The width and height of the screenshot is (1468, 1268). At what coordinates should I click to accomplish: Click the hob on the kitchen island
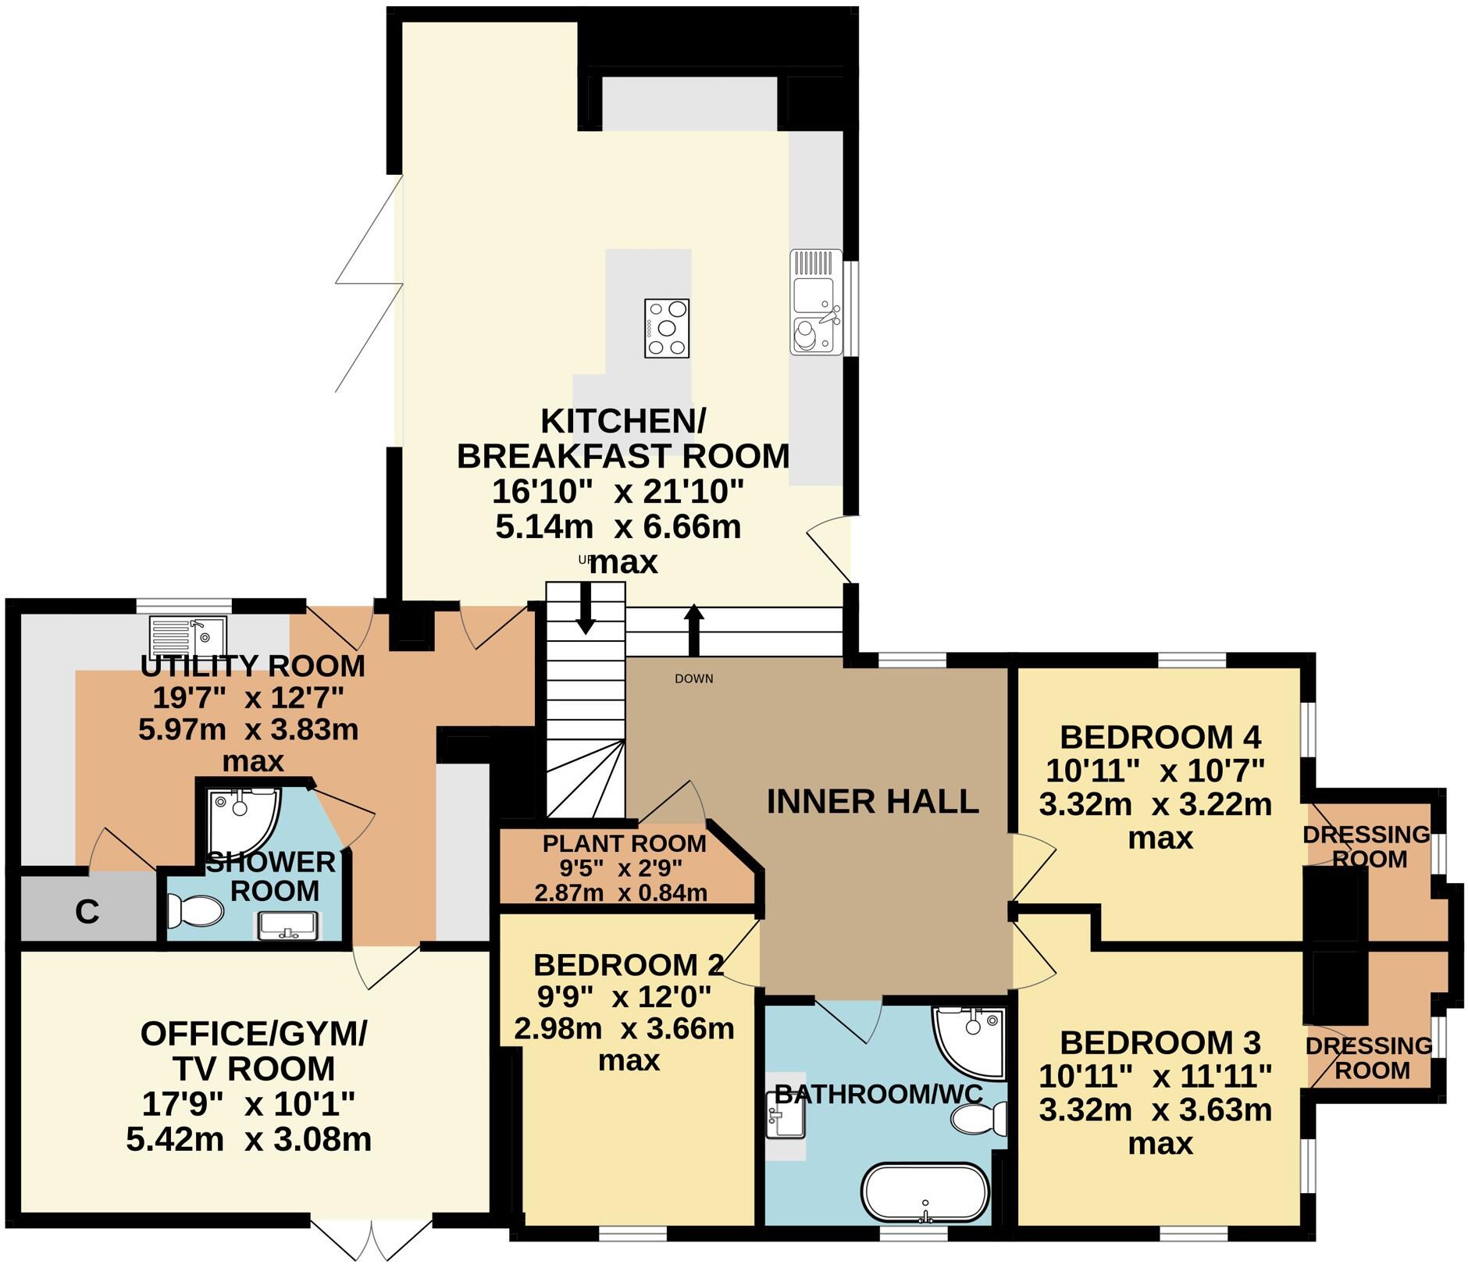[666, 328]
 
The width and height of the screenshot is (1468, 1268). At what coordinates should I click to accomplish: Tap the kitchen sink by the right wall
[814, 303]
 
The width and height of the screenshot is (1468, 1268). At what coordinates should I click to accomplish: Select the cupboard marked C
[87, 910]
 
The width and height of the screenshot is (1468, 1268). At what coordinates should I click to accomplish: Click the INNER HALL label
[872, 801]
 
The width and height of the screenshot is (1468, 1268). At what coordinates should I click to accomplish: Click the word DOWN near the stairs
[693, 679]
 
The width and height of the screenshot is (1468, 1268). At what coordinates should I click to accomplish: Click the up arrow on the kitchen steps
[693, 628]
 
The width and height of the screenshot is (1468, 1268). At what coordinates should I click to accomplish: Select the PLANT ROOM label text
[624, 843]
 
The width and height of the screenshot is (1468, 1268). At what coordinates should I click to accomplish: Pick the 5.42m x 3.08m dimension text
[248, 1140]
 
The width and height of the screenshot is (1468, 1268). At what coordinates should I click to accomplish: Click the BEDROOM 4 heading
[1160, 736]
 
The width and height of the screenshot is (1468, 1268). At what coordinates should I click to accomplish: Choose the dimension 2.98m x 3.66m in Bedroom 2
[624, 1028]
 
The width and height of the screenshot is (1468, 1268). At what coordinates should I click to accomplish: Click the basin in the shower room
[287, 925]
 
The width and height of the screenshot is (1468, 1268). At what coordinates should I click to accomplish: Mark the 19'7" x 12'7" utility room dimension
[248, 696]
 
